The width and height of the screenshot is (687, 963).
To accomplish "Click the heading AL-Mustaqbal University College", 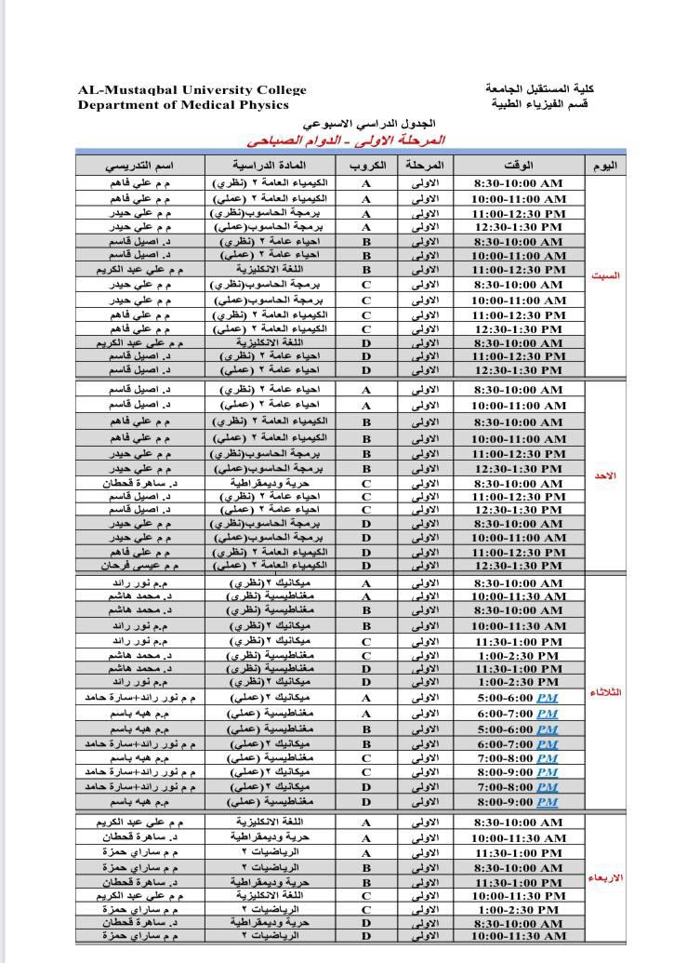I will [x=192, y=90].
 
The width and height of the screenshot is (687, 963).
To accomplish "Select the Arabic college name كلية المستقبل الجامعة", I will [x=539, y=88].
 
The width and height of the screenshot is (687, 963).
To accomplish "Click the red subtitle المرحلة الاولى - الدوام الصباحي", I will [x=346, y=140].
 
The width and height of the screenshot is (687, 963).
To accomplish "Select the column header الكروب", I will [x=366, y=166].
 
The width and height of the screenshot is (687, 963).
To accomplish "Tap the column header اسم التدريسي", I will [x=139, y=166].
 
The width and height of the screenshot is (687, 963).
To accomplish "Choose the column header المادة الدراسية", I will [x=271, y=166].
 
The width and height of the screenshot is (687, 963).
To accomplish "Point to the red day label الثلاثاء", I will [x=606, y=692].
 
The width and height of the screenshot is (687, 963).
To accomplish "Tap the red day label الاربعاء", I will [x=606, y=877].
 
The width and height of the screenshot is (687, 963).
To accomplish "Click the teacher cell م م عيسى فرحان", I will [x=140, y=566].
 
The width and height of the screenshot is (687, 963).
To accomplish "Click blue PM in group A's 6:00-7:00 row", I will [x=547, y=714].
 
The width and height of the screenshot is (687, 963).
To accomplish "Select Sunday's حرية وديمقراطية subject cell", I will [x=271, y=484].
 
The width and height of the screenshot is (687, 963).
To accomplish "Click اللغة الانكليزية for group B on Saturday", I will [x=271, y=270].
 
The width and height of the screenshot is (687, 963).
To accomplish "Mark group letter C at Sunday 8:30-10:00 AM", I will [x=366, y=484].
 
